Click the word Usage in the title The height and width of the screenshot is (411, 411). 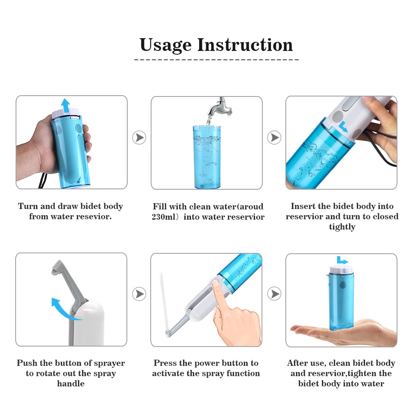[x=166, y=44]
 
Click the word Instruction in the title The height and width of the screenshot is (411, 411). [x=245, y=44]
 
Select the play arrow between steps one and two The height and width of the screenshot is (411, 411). [x=140, y=138]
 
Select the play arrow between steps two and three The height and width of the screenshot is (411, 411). [x=274, y=138]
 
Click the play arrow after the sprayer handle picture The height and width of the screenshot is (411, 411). [x=140, y=294]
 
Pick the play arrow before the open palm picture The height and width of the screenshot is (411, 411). [x=274, y=294]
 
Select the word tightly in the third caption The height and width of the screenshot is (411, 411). [x=342, y=227]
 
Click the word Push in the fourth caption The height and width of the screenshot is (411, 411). [x=27, y=363]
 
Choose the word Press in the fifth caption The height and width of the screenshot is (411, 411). [x=166, y=363]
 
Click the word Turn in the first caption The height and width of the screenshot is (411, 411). [x=28, y=206]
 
